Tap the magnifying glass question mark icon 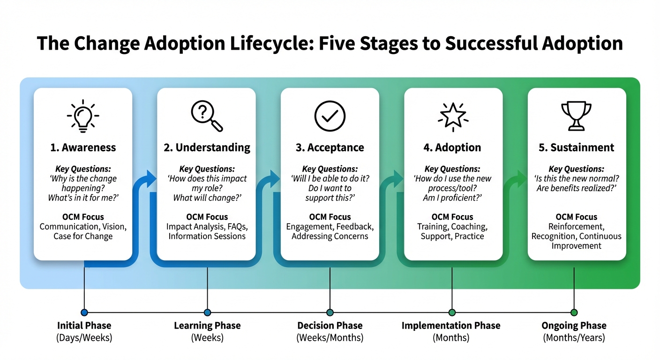pos(206,116)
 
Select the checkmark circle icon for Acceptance pos(330,116)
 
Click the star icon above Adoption pos(453,115)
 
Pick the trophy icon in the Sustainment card pos(576,115)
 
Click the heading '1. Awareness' pos(83,148)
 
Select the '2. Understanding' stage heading pos(207,148)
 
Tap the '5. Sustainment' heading pos(576,148)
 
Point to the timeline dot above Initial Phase pos(84,312)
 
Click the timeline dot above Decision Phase pos(330,312)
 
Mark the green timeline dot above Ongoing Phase pos(574,312)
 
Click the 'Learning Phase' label pos(207,326)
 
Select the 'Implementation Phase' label pos(451,326)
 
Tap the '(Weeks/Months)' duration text pos(330,337)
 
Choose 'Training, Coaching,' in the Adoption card pos(452,227)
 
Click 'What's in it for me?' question pos(83,198)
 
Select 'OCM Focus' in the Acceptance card pos(330,217)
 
